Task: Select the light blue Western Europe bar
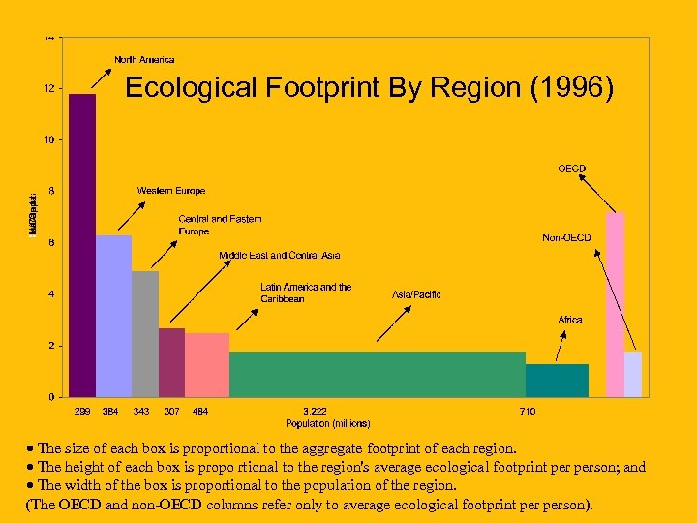[113, 316]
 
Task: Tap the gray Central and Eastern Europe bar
[145, 334]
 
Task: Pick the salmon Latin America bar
[207, 365]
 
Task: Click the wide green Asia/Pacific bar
[378, 374]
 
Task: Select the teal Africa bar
[557, 381]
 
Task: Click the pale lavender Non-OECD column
[633, 374]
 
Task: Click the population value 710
[528, 412]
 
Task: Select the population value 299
[82, 412]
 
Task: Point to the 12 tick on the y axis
[48, 88]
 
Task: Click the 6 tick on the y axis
[50, 242]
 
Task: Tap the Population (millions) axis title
[327, 423]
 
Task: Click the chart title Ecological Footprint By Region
[369, 87]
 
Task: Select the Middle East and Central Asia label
[279, 256]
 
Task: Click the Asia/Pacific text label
[416, 294]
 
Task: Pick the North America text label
[144, 60]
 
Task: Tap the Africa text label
[570, 320]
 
